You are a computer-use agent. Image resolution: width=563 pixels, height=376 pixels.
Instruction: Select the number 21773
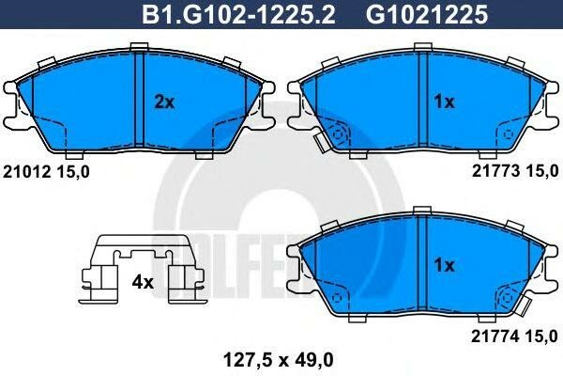(489, 172)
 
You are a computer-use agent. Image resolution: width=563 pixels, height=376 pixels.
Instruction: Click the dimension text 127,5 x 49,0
(279, 357)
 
